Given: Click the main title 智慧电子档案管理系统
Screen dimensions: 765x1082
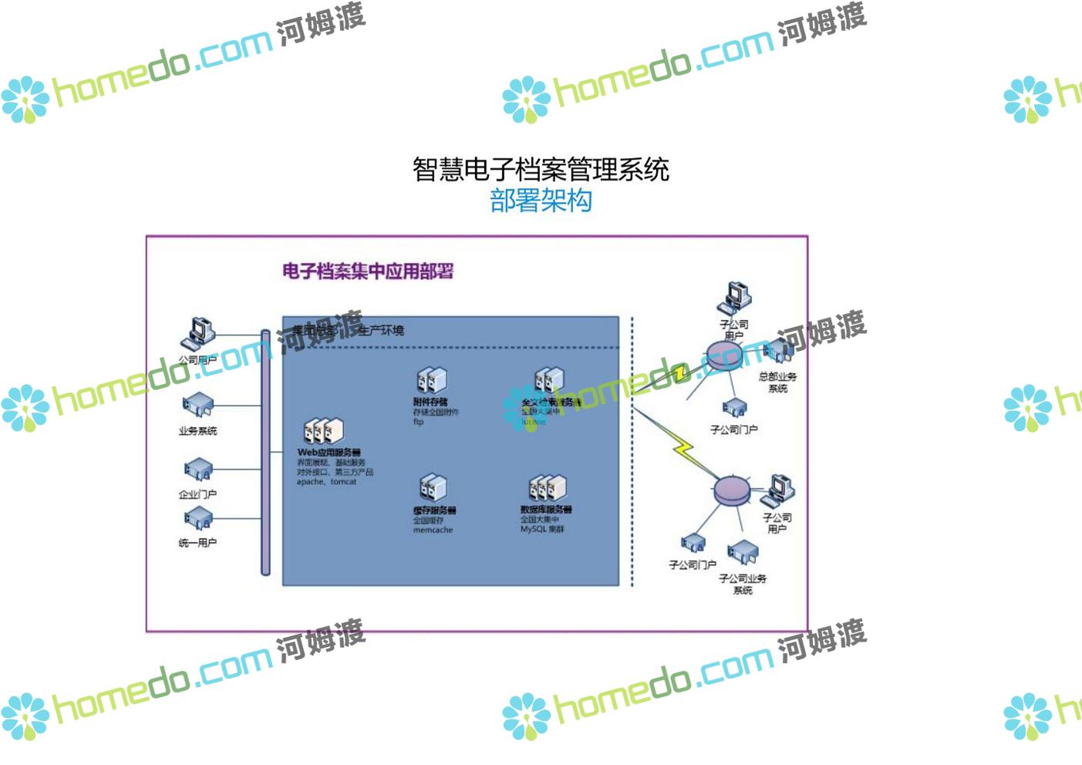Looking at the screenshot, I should click(x=540, y=169).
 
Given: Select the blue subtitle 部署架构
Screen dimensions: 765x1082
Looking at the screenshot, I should click(x=540, y=201).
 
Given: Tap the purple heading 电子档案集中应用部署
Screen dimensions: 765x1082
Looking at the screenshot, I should click(x=367, y=271).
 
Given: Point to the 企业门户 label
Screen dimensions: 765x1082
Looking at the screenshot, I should click(x=197, y=494).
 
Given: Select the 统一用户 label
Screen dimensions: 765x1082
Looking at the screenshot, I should click(x=197, y=543).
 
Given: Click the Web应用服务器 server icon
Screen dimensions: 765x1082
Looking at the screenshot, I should click(x=324, y=432).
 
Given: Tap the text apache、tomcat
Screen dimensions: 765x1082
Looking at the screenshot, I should click(x=326, y=482).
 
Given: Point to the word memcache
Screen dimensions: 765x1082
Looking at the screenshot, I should click(x=433, y=531).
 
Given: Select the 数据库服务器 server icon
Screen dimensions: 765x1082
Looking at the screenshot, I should click(x=547, y=488).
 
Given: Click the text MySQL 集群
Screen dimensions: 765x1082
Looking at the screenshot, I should click(x=542, y=530).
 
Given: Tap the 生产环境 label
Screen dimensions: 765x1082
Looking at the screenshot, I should click(x=381, y=331).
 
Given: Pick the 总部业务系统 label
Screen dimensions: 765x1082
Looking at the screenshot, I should click(x=777, y=382).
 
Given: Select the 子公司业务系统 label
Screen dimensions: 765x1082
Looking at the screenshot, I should click(x=743, y=584).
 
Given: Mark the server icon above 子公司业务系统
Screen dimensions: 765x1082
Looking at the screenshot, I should click(x=743, y=552).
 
